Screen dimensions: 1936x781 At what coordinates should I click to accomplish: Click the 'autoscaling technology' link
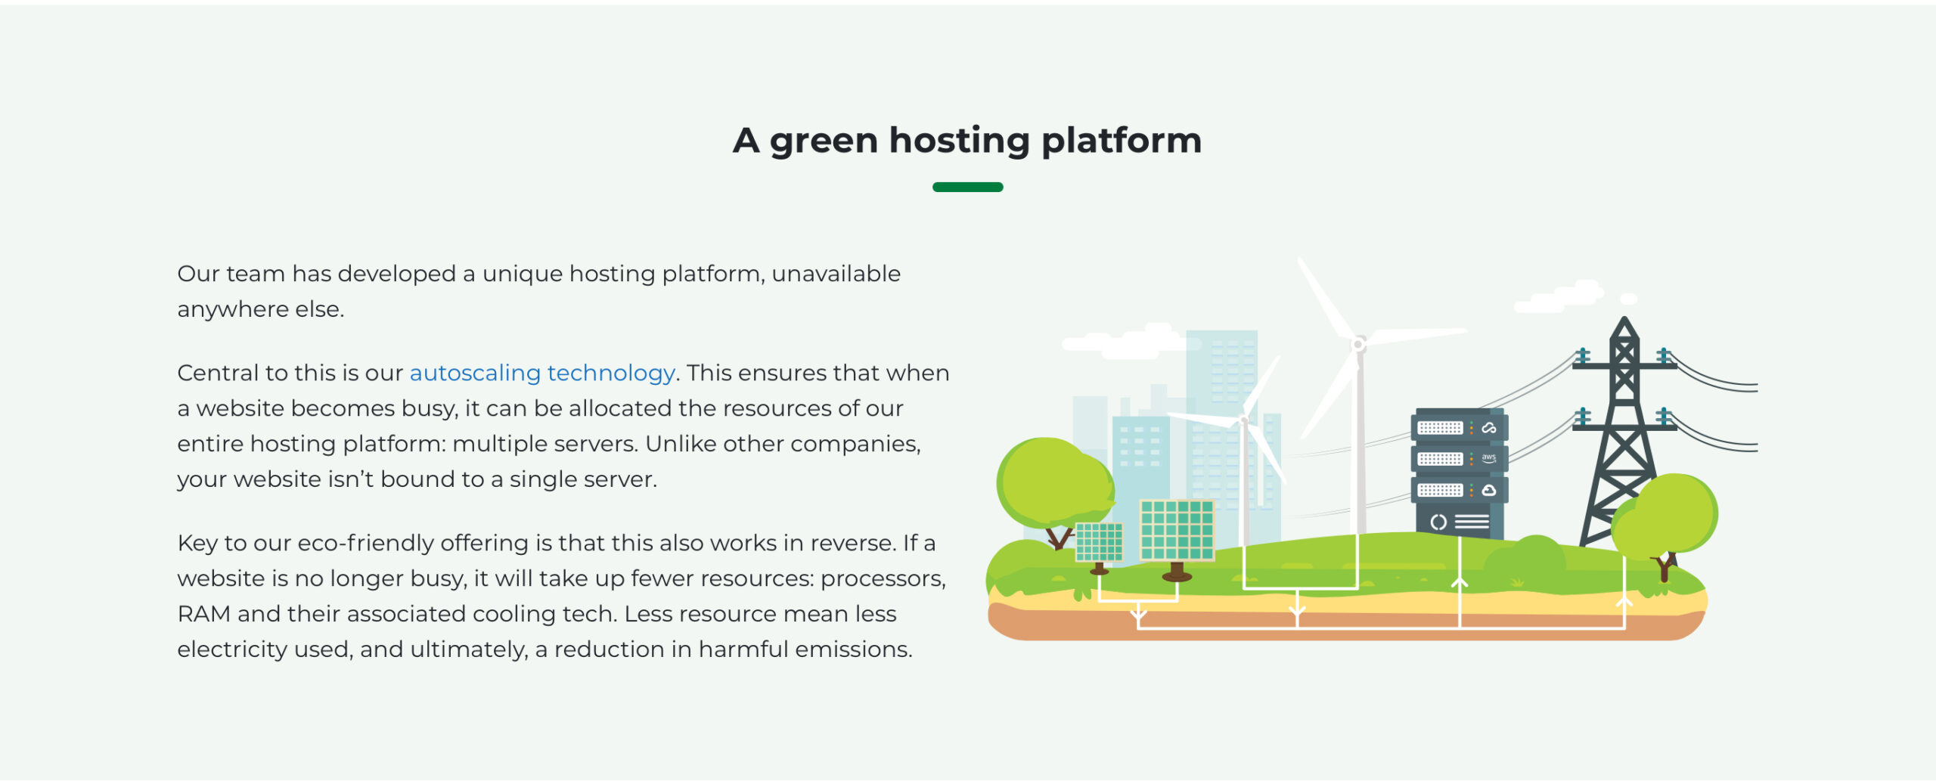tap(542, 373)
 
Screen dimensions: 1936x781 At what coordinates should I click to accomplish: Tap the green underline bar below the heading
tap(968, 187)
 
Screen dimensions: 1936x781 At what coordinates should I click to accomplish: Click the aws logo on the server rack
tap(1488, 458)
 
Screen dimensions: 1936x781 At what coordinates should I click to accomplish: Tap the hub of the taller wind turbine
tap(1358, 345)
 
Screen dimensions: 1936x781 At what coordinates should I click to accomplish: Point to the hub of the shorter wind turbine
tap(1244, 420)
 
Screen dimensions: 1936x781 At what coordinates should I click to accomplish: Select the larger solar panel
tap(1177, 529)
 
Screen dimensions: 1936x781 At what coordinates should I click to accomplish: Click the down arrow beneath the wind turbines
tap(1298, 609)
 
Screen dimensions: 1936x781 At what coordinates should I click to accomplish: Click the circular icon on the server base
tap(1438, 522)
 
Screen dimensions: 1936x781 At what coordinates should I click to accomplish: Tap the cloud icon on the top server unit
tap(1489, 428)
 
